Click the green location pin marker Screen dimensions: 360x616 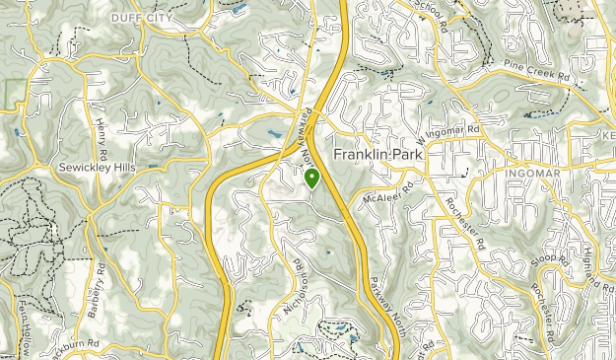pos(311,179)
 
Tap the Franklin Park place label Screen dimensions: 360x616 pos(378,156)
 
